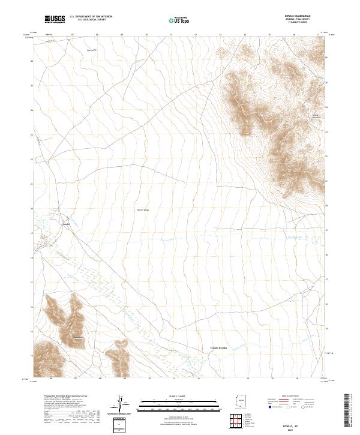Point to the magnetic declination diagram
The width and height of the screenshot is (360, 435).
[x=121, y=404]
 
